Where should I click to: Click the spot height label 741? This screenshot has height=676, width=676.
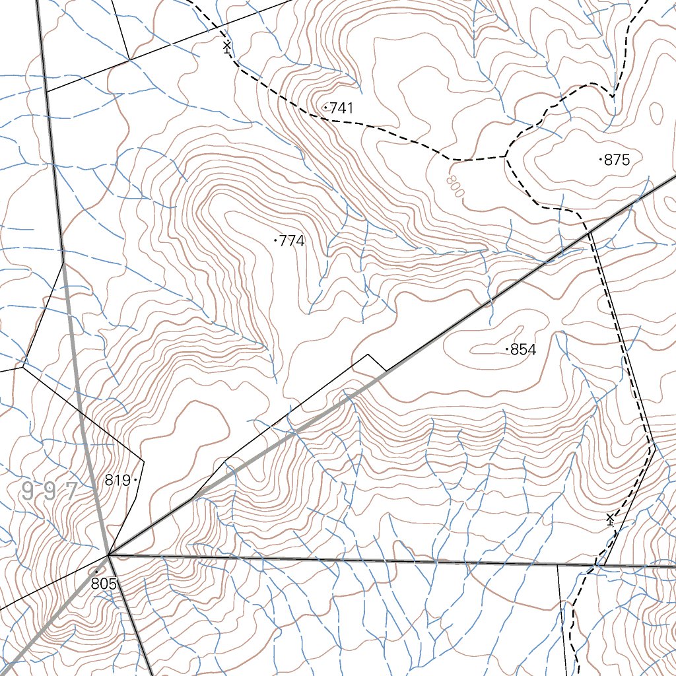(x=341, y=108)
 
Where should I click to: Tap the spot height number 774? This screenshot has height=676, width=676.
(x=292, y=241)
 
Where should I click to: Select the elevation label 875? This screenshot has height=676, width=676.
(x=617, y=160)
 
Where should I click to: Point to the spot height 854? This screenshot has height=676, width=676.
(x=524, y=350)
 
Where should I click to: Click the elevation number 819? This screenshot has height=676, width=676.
(x=118, y=480)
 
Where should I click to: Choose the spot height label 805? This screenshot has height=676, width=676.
(x=104, y=584)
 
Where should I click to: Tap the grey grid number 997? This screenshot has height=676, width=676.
(x=50, y=491)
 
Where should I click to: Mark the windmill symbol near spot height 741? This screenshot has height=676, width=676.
(x=227, y=46)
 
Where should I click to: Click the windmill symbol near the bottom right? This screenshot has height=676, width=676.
(x=610, y=520)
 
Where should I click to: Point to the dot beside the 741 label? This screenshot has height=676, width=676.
(x=325, y=107)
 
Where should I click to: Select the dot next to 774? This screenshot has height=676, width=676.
(x=275, y=241)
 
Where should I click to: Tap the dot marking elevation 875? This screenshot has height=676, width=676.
(x=600, y=159)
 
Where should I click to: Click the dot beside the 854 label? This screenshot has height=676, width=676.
(x=507, y=349)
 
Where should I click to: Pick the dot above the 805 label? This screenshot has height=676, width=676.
(x=96, y=572)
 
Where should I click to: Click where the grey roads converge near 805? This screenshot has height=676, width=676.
(x=109, y=555)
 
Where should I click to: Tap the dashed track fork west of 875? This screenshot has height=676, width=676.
(x=506, y=156)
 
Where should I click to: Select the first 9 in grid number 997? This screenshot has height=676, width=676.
(x=28, y=491)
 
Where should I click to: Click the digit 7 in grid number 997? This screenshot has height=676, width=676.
(x=71, y=490)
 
